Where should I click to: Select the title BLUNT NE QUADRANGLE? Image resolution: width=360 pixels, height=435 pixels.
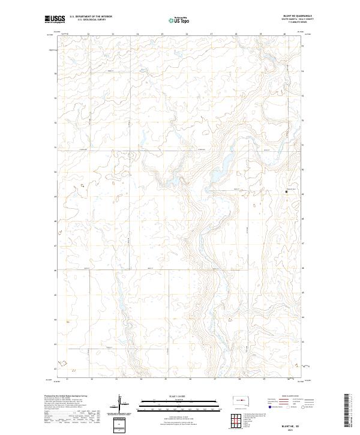coord(296,16)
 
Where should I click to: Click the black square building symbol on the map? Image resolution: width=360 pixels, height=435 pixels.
coord(286,192)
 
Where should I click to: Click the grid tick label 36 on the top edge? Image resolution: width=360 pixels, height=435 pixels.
coord(187,35)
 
